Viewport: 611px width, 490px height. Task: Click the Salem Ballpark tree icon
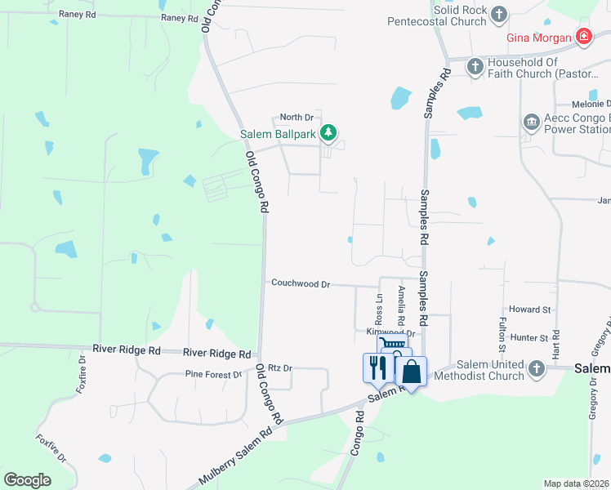click(328, 132)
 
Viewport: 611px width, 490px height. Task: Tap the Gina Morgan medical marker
click(583, 37)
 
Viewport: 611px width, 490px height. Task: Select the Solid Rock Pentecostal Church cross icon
click(499, 14)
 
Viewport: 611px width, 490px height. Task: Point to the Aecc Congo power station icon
click(532, 122)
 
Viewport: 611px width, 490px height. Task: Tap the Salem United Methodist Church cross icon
click(536, 368)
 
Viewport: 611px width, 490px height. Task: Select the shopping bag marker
click(412, 372)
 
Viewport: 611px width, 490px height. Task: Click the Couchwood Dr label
click(301, 284)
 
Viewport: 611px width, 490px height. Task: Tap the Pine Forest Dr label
click(214, 375)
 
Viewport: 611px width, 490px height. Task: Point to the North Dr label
click(297, 118)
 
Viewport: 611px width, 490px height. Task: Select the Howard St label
click(529, 310)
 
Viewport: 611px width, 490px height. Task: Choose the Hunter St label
click(529, 337)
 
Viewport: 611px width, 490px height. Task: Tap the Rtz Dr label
click(280, 368)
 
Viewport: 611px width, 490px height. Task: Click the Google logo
click(28, 479)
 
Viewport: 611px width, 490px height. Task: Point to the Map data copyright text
click(577, 483)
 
